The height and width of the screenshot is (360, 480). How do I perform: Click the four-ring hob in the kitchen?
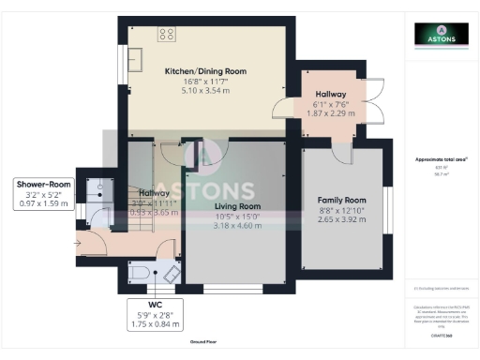(x=168, y=35)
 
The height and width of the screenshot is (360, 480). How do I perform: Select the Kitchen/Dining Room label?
(x=204, y=71)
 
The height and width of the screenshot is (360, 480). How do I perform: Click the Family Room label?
(x=341, y=201)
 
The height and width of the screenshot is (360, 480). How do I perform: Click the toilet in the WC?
(x=138, y=272)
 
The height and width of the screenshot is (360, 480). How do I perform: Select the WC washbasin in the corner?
(x=170, y=273)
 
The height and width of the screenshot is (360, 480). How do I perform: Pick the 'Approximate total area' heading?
(x=440, y=160)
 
